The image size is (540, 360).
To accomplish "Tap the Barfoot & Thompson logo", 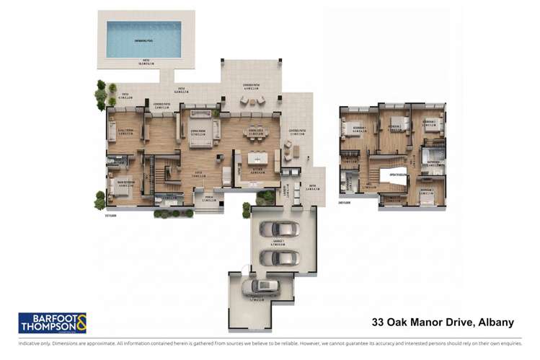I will coord(52,322).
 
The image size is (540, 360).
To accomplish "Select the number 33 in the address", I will coord(379,322).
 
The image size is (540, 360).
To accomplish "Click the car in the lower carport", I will coord(260,286).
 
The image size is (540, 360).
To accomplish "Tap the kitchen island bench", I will coord(258,157).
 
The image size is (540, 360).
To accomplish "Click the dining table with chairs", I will coord(256,133).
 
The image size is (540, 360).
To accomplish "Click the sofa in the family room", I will coord(112,131).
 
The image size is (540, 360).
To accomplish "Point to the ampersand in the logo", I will coord(80,322).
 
